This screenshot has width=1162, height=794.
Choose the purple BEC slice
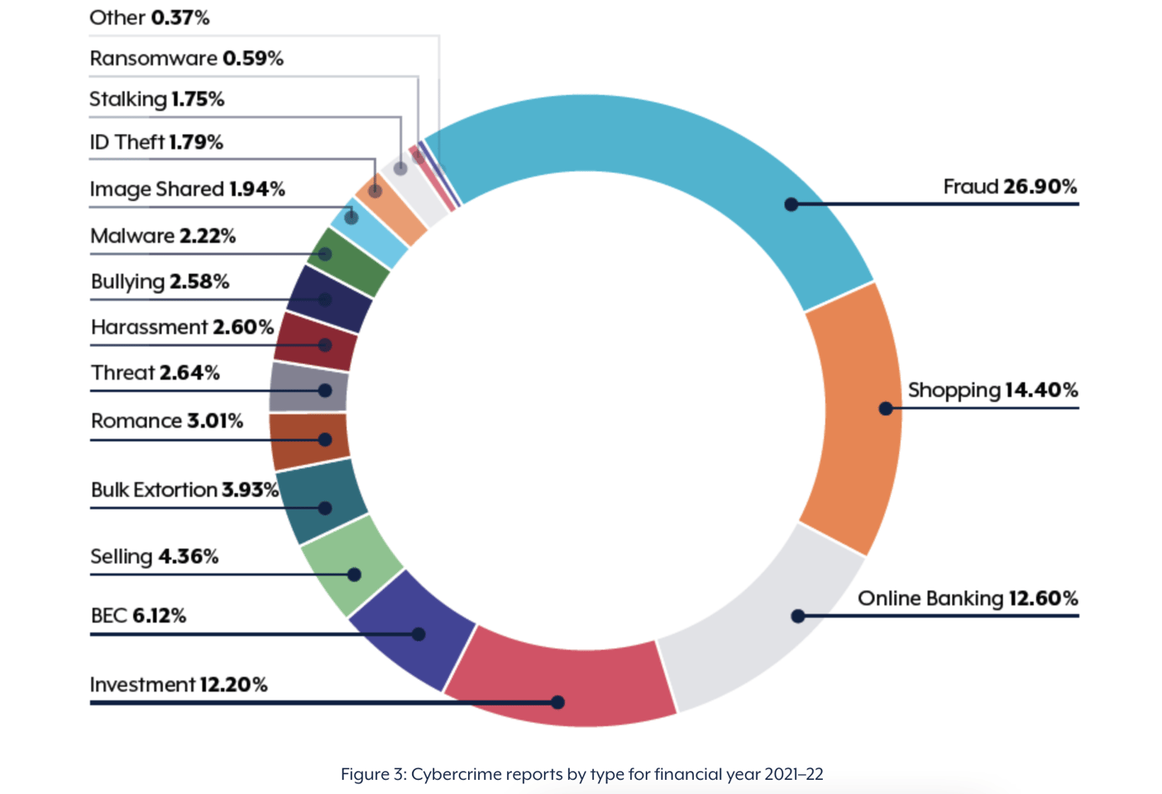coord(414,629)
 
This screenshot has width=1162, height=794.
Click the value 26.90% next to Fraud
coord(1040,187)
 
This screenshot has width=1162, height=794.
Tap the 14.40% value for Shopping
coord(1041,390)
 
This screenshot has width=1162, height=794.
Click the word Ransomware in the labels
coord(153,59)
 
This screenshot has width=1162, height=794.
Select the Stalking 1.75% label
coord(156,99)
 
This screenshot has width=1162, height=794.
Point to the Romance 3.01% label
coord(166,421)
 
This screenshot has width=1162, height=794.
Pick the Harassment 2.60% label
coord(182,328)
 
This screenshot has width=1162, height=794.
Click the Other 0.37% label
coord(149,17)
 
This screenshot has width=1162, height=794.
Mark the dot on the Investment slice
coord(557,702)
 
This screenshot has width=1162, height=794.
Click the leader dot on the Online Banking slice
coord(798,616)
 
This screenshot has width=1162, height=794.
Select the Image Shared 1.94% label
coord(187,189)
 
